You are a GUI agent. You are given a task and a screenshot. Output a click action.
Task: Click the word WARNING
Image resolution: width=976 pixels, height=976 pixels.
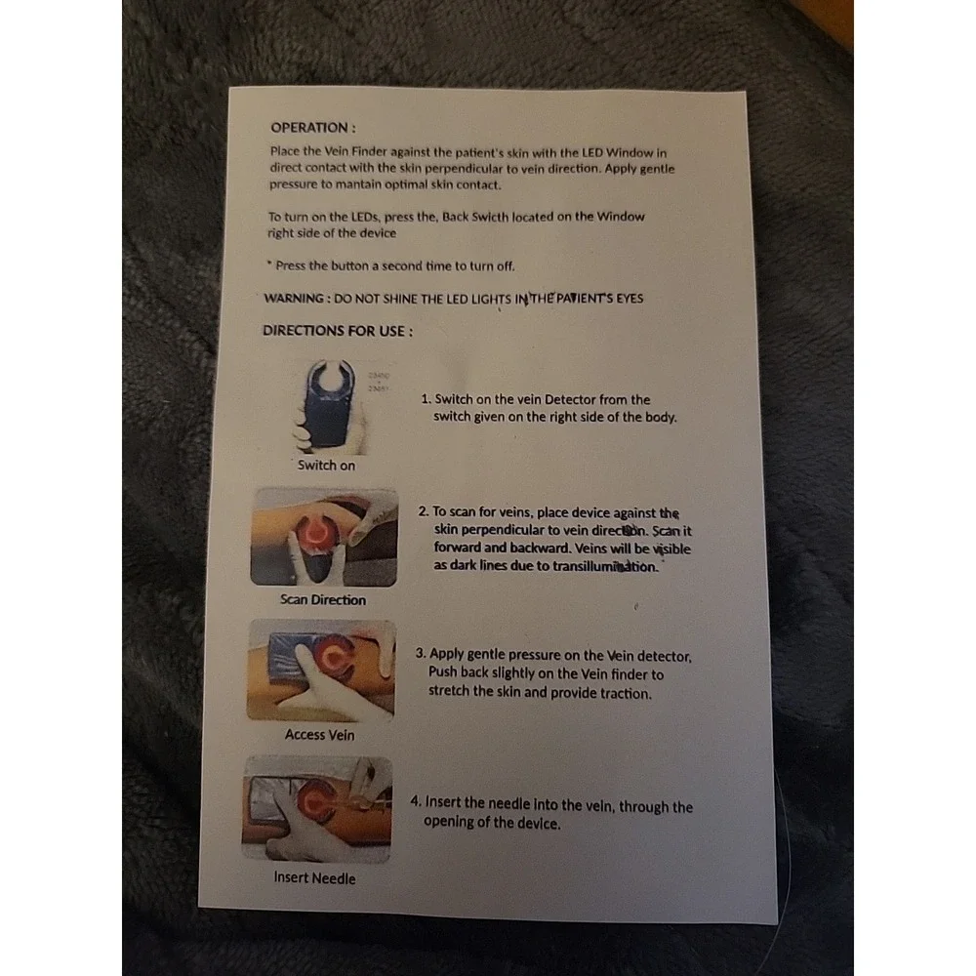pos(294,298)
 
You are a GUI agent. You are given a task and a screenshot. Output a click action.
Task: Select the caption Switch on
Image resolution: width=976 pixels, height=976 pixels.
pos(326,465)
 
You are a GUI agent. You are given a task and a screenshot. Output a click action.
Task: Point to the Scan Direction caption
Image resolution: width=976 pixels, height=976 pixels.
pos(323,599)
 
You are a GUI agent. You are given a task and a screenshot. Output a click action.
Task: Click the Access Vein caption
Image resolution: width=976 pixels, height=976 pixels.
pos(319,735)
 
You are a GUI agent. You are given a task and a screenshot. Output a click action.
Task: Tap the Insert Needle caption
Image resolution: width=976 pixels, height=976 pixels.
pos(314,877)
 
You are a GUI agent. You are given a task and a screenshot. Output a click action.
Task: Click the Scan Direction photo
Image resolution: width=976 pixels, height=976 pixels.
pos(324,537)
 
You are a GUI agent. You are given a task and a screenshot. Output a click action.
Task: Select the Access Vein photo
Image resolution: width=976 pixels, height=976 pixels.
pos(321,671)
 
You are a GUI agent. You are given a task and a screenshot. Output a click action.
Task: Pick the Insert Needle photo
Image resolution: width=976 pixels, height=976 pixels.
pos(317,809)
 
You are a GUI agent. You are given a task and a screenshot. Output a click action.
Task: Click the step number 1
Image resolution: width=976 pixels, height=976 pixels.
pos(426,399)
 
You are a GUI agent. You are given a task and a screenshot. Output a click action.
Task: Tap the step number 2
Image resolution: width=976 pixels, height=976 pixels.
pos(424,511)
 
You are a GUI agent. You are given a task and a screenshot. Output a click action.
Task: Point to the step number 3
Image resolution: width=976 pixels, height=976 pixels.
pos(421,653)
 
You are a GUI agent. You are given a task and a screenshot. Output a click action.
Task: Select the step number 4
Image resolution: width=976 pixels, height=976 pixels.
pos(416,801)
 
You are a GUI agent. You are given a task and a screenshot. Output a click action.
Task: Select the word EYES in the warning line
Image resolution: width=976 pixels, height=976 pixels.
pos(630,298)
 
